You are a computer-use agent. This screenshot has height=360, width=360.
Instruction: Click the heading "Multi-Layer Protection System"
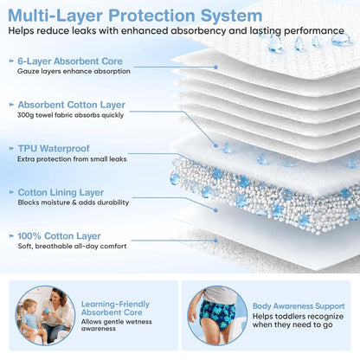[135, 16]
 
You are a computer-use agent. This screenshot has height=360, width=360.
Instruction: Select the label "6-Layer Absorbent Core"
[70, 61]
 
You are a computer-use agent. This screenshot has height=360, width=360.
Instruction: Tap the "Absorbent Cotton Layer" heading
[72, 105]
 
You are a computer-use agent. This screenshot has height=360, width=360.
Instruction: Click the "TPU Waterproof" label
[54, 149]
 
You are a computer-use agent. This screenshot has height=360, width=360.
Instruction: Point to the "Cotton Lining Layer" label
[61, 192]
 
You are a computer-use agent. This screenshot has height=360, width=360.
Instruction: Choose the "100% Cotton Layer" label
[59, 236]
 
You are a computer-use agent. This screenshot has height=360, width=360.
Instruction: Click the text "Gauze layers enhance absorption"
[74, 71]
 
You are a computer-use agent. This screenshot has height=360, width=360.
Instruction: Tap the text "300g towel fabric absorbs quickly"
[70, 115]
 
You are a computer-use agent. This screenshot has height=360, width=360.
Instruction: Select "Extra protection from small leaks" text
[72, 159]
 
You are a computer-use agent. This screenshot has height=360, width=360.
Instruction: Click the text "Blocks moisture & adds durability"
[74, 202]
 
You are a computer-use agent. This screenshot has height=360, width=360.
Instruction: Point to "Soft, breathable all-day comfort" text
[72, 247]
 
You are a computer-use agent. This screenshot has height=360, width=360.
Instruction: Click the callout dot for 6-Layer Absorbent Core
[215, 67]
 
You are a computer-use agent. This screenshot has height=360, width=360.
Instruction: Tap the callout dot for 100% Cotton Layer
[215, 241]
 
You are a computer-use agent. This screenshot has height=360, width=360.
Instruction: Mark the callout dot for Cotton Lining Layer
[215, 210]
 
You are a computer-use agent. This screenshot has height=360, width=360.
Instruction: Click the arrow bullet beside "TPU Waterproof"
[11, 149]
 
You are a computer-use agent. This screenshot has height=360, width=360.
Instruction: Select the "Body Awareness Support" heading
[299, 306]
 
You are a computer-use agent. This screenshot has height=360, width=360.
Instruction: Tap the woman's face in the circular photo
[59, 297]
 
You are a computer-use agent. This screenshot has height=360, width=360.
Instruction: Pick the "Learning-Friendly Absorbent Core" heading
[115, 308]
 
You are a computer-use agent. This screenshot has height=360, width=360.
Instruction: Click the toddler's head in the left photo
[29, 306]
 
